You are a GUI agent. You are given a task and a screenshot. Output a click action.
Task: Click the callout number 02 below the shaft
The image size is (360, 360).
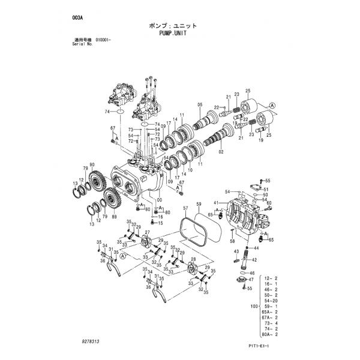click(x=221, y=152)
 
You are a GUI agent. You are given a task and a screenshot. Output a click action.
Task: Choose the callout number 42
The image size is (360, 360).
click(x=254, y=259)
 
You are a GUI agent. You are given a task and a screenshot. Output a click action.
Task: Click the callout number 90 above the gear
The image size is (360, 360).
click(x=92, y=165)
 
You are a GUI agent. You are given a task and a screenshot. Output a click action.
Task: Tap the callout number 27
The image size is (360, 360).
click(x=147, y=233)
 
